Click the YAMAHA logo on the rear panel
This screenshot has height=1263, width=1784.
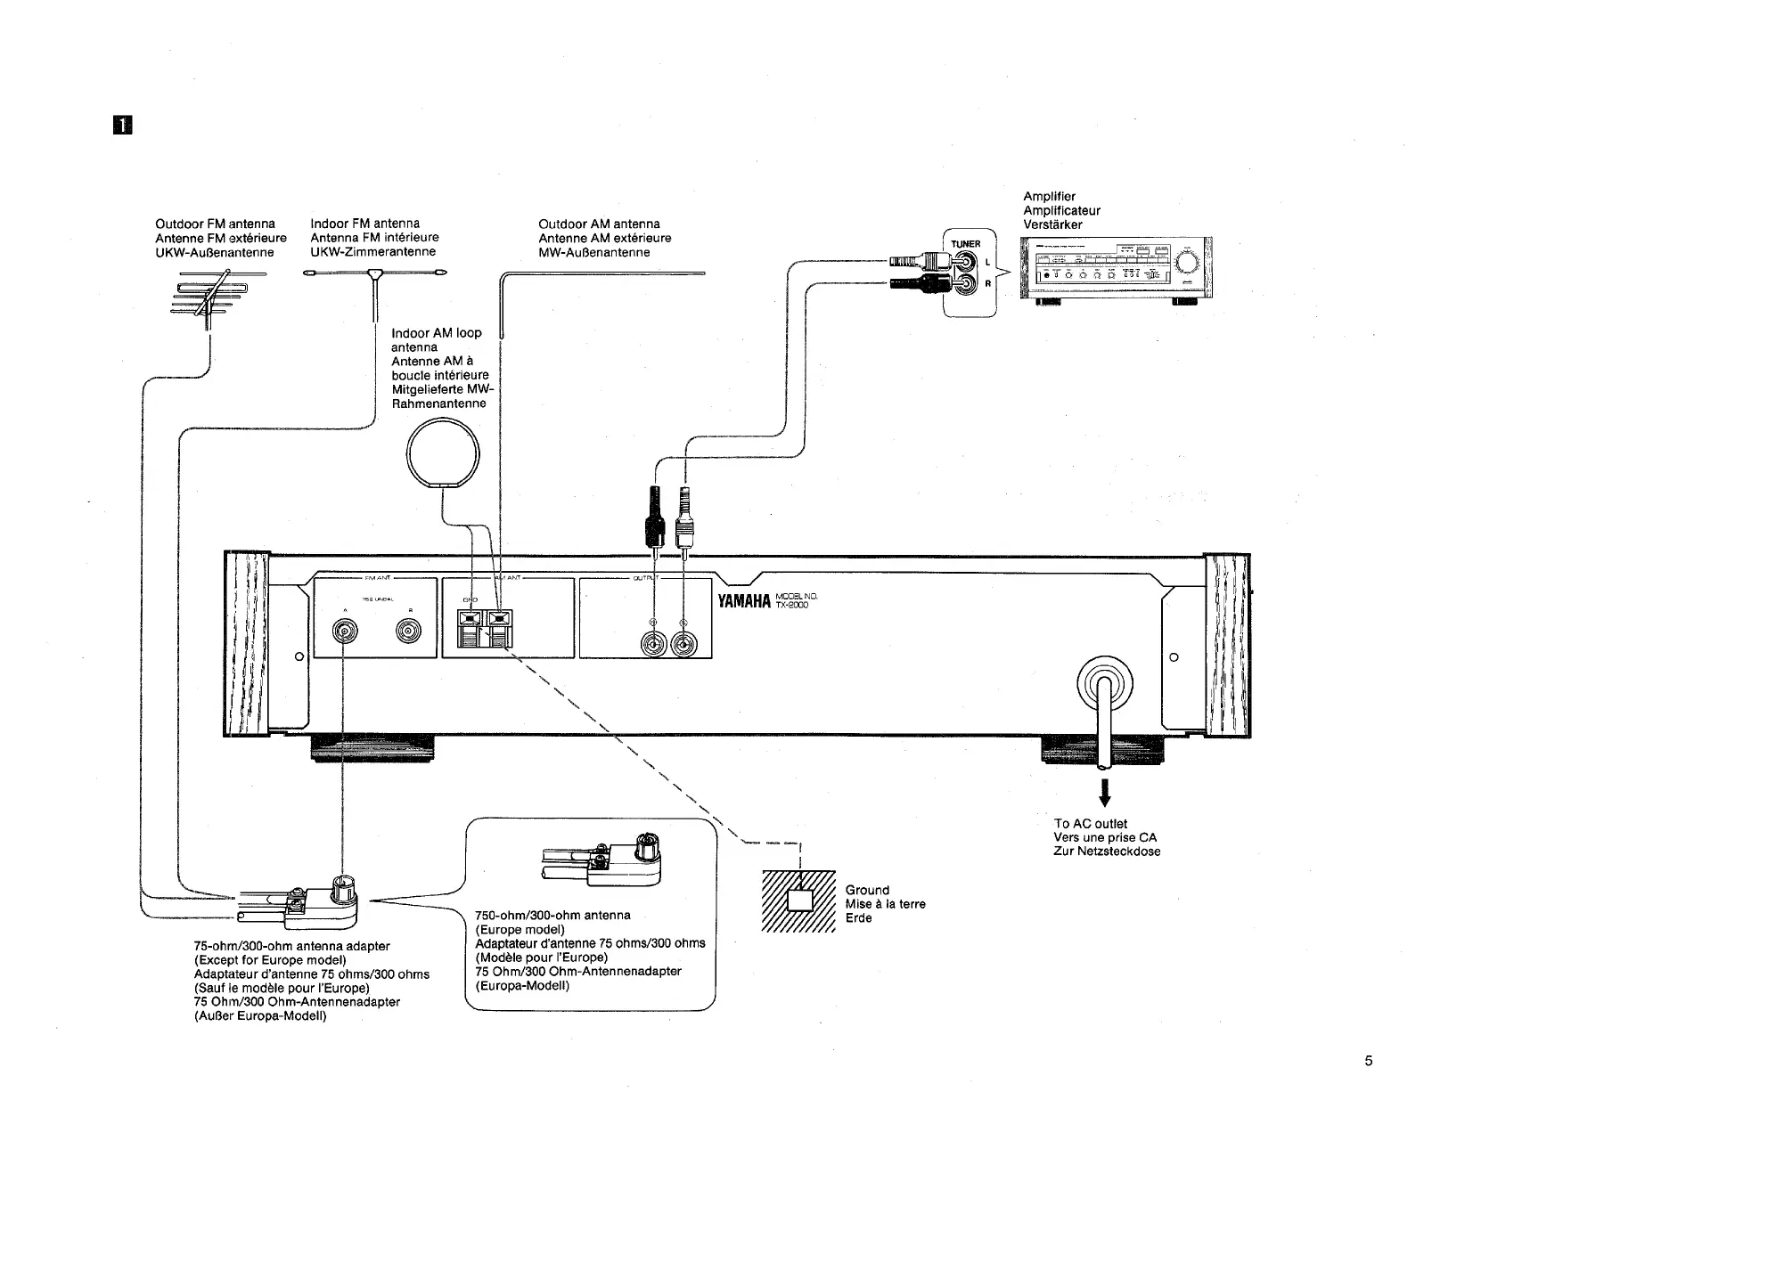click(743, 601)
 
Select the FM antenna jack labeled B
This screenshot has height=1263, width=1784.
click(411, 632)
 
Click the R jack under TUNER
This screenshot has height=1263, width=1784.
click(966, 285)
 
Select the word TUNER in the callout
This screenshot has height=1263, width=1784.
click(965, 244)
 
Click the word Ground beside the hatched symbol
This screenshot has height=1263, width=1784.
click(867, 890)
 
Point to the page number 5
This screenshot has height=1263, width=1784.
click(1368, 1061)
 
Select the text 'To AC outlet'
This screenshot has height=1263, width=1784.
click(1090, 824)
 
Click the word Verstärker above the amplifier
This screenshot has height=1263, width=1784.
click(1052, 224)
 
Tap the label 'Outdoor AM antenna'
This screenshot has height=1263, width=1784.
click(599, 224)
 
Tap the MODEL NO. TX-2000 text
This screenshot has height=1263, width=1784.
click(796, 601)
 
